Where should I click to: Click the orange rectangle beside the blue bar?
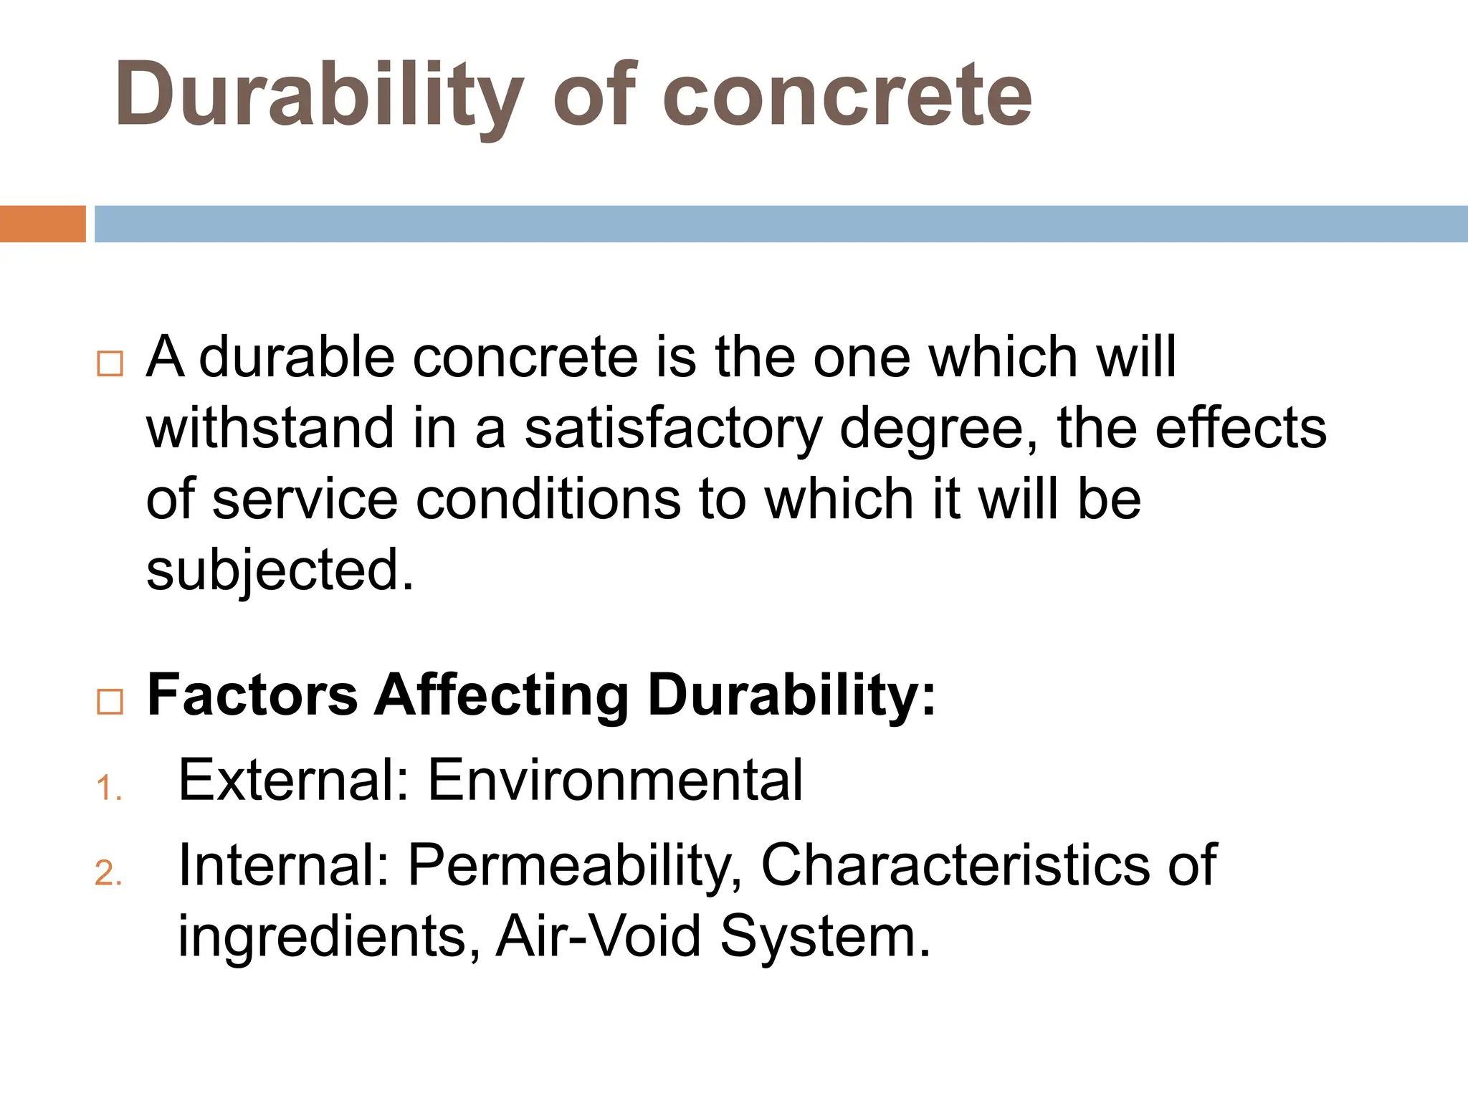tap(42, 224)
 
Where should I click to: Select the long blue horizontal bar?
tap(781, 224)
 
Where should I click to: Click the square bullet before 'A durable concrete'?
tap(110, 364)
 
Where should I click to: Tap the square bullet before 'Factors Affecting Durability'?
tap(110, 702)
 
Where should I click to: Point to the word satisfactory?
tap(673, 428)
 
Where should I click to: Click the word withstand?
tap(270, 428)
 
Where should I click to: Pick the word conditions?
tap(548, 500)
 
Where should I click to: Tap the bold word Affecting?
tap(502, 695)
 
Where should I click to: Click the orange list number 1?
tap(107, 788)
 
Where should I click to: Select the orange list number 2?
tap(107, 874)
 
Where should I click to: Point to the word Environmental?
tap(615, 780)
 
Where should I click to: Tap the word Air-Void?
tap(599, 936)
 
